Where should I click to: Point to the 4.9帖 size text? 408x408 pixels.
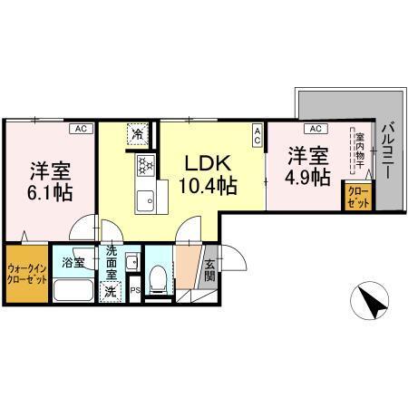(x=307, y=177)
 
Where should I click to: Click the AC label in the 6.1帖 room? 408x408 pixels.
(x=81, y=129)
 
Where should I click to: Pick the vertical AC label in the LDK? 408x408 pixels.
(x=257, y=136)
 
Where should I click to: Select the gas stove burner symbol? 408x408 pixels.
(x=145, y=166)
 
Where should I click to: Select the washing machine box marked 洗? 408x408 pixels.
(x=110, y=291)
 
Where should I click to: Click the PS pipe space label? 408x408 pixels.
(x=134, y=291)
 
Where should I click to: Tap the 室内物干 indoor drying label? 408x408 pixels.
(x=356, y=152)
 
